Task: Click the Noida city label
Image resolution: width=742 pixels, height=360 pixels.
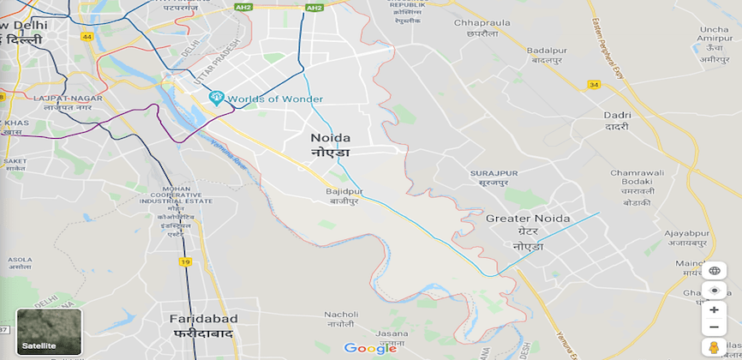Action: (330, 138)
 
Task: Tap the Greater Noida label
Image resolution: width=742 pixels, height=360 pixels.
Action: (528, 219)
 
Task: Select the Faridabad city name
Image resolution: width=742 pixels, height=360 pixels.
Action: (203, 319)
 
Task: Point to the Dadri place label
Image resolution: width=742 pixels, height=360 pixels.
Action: (617, 115)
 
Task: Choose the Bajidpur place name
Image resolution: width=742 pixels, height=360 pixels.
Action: (344, 191)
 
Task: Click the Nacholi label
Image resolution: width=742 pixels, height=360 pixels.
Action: (340, 314)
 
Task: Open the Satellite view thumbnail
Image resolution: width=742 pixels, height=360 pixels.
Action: (50, 332)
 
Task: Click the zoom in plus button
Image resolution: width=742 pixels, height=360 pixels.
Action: (714, 309)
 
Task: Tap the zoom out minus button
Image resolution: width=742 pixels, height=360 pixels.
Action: (714, 327)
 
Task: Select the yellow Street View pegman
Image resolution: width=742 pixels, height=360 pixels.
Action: (713, 348)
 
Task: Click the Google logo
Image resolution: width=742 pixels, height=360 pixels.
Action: (370, 348)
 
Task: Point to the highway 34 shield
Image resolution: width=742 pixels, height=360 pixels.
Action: (594, 85)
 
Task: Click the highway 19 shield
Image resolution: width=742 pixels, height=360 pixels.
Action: (185, 261)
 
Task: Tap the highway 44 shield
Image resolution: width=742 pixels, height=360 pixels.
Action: (87, 37)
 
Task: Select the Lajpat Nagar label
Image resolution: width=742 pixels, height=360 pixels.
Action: (68, 99)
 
